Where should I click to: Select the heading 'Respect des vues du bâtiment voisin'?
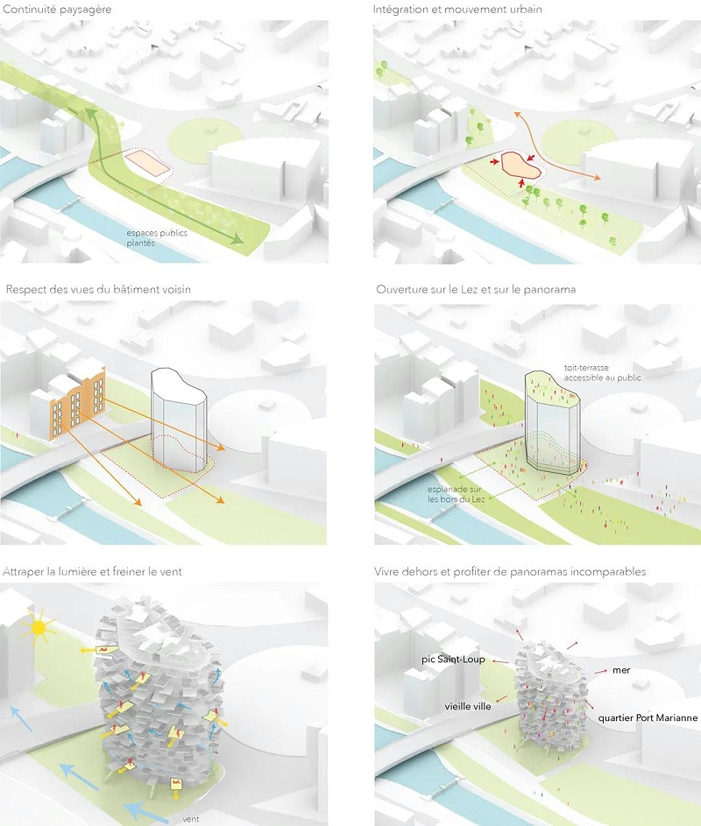coord(98,289)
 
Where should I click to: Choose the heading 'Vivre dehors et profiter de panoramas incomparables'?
coord(511,571)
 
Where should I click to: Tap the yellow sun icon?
coord(41,627)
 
